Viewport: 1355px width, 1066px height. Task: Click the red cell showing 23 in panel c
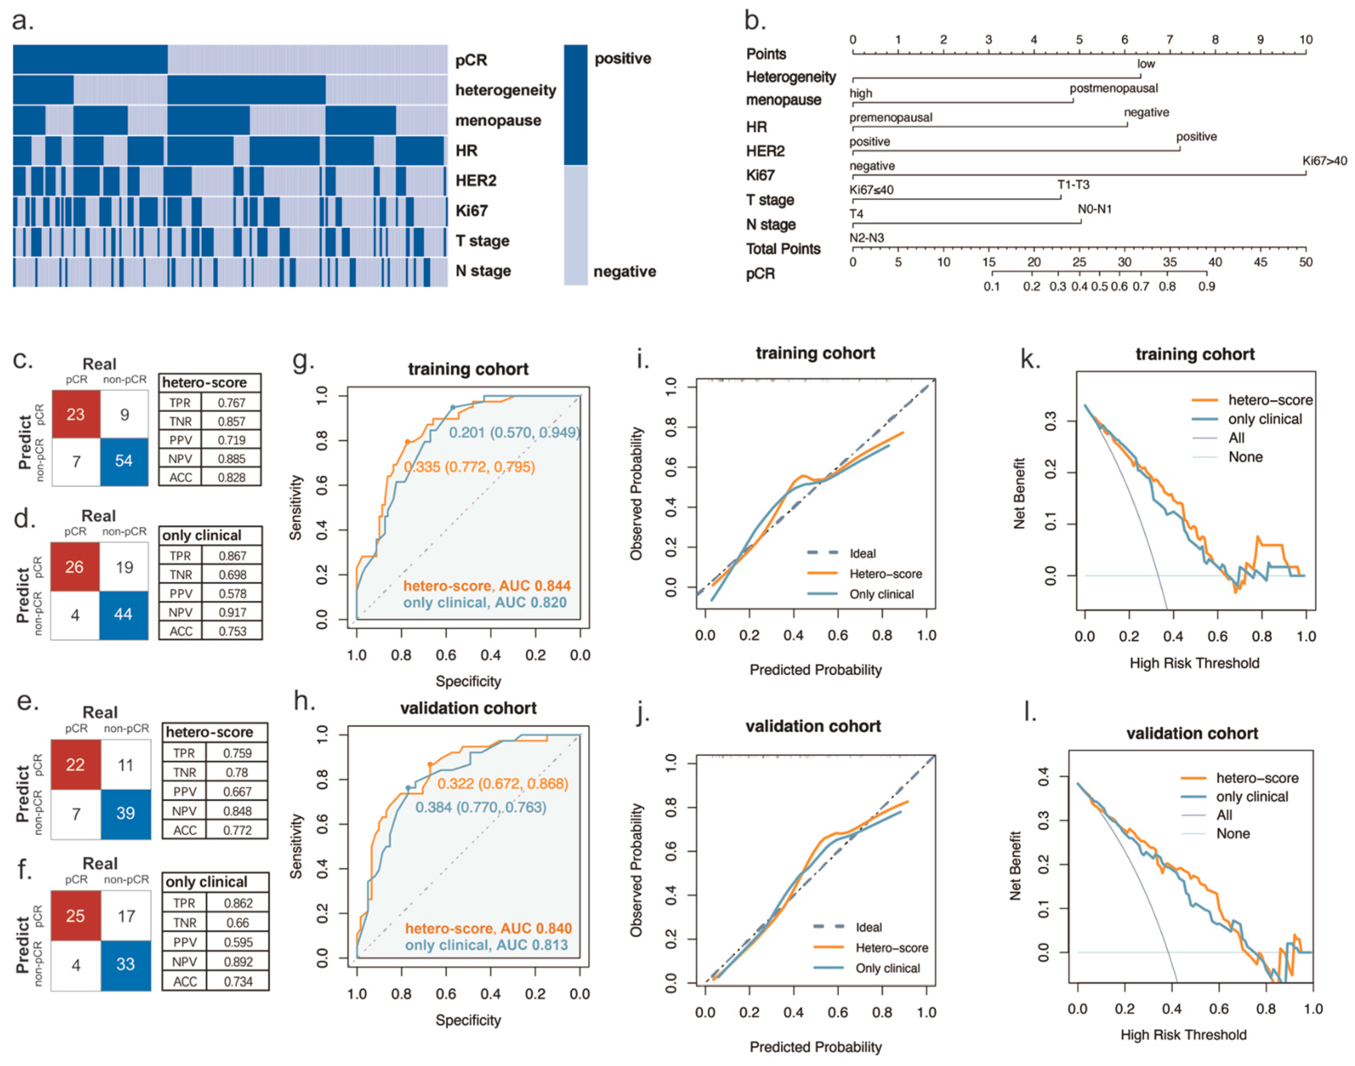75,414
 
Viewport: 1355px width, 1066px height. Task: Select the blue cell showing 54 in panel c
124,461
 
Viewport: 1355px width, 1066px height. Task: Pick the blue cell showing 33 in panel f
126,964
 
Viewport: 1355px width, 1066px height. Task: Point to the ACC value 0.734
239,982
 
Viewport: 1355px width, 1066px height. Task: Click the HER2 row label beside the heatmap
475,181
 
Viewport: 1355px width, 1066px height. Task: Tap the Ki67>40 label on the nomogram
1324,161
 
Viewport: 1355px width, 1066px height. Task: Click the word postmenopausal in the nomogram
1113,89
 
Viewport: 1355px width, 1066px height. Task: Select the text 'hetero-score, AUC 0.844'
487,586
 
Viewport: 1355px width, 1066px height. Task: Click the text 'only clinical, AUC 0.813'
487,946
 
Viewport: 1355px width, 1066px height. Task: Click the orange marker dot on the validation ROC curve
430,765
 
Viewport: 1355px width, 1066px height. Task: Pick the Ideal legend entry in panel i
862,554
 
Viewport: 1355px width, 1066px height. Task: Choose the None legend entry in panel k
1245,457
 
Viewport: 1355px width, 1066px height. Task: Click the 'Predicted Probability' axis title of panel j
815,1046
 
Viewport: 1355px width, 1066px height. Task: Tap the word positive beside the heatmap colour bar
622,59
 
